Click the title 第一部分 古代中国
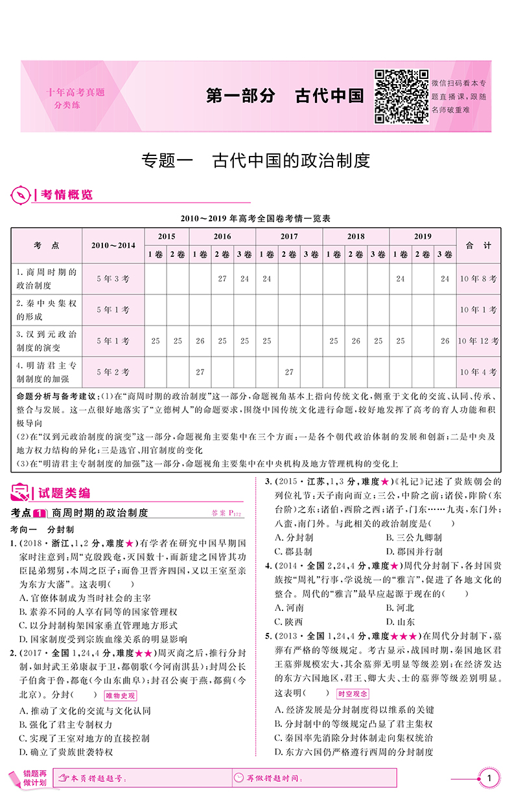(285, 96)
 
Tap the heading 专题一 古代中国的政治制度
(255, 159)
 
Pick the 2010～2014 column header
(113, 246)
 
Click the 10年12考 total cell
(478, 340)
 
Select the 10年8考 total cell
(478, 279)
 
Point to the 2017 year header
(289, 237)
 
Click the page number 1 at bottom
(489, 777)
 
